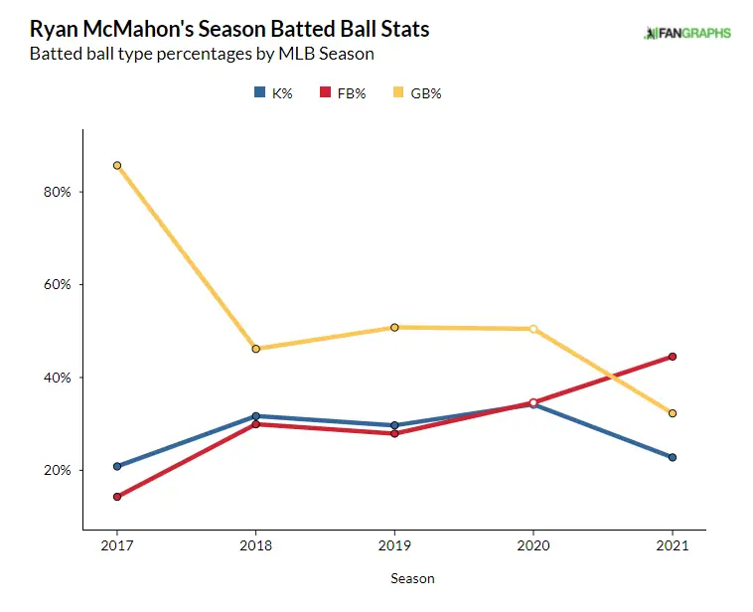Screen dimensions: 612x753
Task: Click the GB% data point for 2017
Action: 117,166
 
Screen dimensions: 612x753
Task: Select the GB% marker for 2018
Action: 256,349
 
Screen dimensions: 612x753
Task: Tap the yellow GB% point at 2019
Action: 394,327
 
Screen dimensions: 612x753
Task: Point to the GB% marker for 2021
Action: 673,413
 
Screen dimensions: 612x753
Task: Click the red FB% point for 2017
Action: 117,497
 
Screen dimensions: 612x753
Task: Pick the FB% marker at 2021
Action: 673,357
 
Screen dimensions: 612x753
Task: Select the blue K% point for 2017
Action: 117,466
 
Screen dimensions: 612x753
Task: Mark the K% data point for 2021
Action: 673,457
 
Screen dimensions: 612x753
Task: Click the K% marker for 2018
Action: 256,416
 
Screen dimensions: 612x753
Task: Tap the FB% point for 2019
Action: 394,433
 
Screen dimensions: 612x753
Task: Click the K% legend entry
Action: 272,93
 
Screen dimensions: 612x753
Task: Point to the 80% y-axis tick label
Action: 56,192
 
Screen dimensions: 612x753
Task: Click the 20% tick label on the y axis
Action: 56,470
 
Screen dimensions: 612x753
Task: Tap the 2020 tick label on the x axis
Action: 533,546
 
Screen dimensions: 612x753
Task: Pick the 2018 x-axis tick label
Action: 256,546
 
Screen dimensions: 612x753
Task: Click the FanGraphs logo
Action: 687,33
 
